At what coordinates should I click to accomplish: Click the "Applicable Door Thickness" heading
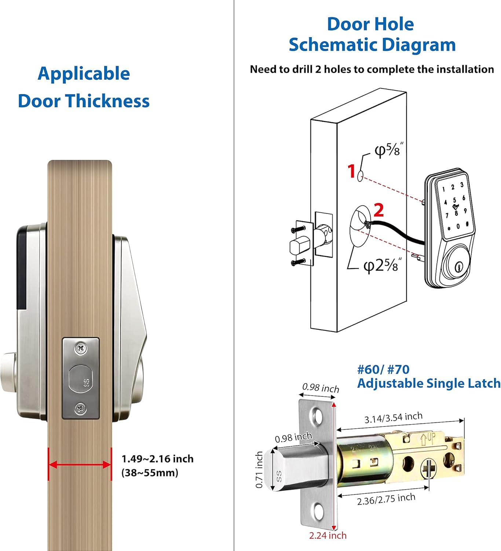click(84, 87)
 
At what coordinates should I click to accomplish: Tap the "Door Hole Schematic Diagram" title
click(372, 35)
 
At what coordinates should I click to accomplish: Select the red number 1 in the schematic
click(351, 171)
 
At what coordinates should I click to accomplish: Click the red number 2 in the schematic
click(379, 210)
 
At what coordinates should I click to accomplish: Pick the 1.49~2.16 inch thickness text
click(157, 459)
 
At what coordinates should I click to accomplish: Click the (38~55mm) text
click(150, 472)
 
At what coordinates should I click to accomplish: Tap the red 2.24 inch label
click(328, 536)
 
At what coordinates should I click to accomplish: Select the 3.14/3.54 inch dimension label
click(393, 418)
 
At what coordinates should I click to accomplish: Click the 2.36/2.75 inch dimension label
click(386, 499)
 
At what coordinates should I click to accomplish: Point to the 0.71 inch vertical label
click(259, 470)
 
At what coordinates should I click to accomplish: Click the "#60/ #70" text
click(383, 369)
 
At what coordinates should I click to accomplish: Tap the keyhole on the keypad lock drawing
click(457, 267)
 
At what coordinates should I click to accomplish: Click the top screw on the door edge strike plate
click(81, 348)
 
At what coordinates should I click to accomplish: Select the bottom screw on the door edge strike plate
click(80, 408)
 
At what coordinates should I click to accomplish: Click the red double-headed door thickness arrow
click(80, 465)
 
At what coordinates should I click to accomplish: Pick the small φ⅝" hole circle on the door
click(361, 177)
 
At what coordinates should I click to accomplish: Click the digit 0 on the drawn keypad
click(458, 227)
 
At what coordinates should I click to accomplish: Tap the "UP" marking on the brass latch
click(427, 439)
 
